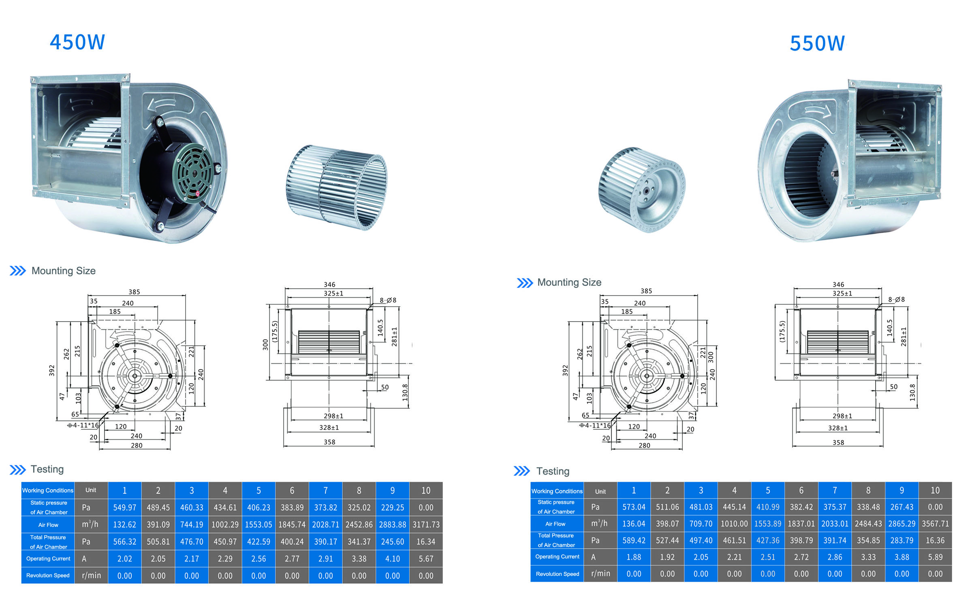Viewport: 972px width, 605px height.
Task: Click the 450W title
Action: tap(77, 42)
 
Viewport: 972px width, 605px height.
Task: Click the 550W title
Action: tap(817, 43)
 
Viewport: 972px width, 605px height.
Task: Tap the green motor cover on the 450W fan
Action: tap(194, 172)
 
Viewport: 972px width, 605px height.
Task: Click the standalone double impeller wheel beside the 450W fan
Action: tap(336, 186)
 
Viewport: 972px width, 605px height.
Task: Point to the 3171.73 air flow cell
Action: tap(426, 524)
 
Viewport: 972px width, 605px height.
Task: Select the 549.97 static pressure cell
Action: tap(124, 507)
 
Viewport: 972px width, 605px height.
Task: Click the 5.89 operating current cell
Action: tap(935, 557)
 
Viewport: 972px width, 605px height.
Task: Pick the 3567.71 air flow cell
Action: tap(935, 524)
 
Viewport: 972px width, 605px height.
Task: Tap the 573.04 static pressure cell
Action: tap(634, 507)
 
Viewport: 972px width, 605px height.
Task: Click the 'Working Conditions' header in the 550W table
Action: tap(557, 491)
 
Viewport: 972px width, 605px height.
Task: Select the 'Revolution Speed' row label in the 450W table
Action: tap(48, 575)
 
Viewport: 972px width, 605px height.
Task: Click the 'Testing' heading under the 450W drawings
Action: tap(47, 469)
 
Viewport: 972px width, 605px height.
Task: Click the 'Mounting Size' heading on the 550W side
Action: tap(569, 282)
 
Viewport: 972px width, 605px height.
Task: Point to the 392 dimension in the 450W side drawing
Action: tap(52, 371)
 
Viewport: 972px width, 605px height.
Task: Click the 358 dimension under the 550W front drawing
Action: tap(838, 443)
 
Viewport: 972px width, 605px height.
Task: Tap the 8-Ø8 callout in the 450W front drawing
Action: tap(388, 300)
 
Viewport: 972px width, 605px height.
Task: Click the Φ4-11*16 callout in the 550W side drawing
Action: tap(595, 425)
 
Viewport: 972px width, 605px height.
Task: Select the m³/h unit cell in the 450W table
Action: tap(90, 524)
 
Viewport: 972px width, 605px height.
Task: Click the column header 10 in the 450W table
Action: tap(426, 490)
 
